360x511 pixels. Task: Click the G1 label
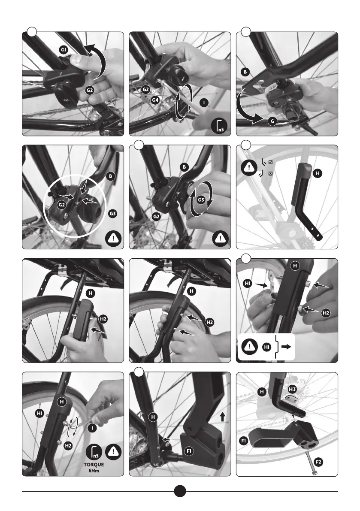pos(64,50)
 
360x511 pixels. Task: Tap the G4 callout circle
pos(155,100)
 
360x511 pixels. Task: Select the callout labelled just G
pos(273,122)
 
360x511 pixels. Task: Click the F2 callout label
pos(319,462)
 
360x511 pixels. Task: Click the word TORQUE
pos(94,464)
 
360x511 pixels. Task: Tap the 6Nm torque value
pos(94,471)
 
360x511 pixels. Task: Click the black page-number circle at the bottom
pos(180,491)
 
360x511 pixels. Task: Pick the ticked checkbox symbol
pos(270,162)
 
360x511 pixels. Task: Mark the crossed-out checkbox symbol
pos(270,174)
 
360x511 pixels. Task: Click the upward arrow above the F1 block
pos(223,417)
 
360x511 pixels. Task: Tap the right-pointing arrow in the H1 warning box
pos(286,347)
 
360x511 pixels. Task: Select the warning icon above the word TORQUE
pos(113,452)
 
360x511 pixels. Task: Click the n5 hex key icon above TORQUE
pos(94,452)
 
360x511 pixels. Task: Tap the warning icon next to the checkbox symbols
pos(249,167)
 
